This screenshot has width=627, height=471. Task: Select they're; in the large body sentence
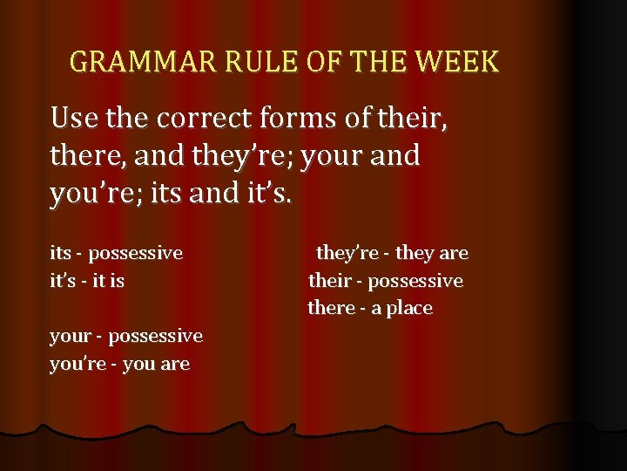(x=235, y=157)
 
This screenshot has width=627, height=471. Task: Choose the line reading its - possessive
(x=116, y=254)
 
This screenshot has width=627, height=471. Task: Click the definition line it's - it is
(x=87, y=281)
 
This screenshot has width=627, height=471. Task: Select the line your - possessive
(x=126, y=336)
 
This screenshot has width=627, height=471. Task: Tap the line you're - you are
(x=119, y=364)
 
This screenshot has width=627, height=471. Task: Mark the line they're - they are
(x=392, y=254)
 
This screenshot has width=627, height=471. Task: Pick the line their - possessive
(x=386, y=281)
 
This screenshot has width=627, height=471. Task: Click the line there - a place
(x=370, y=308)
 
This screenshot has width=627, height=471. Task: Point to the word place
(x=409, y=309)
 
